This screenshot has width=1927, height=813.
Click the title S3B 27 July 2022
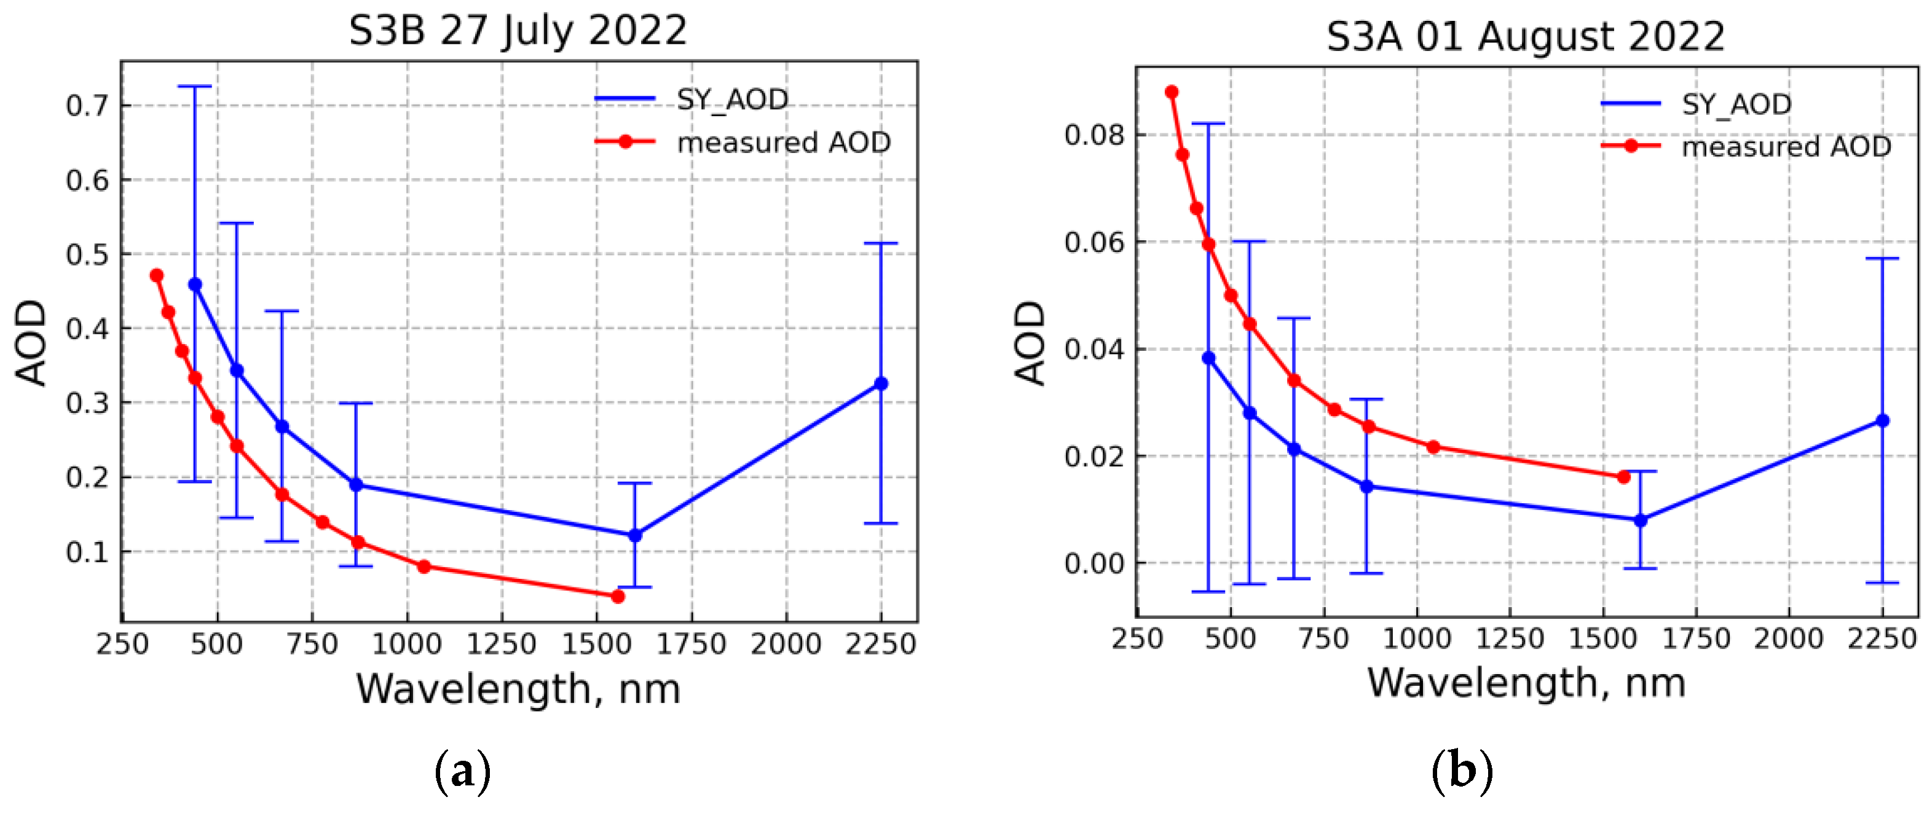[x=518, y=31]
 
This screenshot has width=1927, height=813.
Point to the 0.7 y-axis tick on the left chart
[x=87, y=106]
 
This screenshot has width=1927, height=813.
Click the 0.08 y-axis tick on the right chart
[x=1094, y=135]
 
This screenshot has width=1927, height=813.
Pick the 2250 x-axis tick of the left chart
[x=880, y=644]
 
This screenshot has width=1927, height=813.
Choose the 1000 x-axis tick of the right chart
[x=1417, y=638]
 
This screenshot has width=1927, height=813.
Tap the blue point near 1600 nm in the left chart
[x=635, y=535]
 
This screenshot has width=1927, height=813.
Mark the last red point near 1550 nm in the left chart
[x=617, y=596]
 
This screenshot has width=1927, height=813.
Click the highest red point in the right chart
[x=1172, y=92]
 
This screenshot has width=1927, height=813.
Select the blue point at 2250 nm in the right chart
[x=1882, y=421]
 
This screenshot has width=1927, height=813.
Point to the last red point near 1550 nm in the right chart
[x=1623, y=476]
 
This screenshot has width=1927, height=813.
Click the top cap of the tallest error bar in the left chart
[x=194, y=87]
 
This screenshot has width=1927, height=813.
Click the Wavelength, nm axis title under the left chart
[x=518, y=689]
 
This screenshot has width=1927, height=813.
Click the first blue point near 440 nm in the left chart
[x=195, y=285]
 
